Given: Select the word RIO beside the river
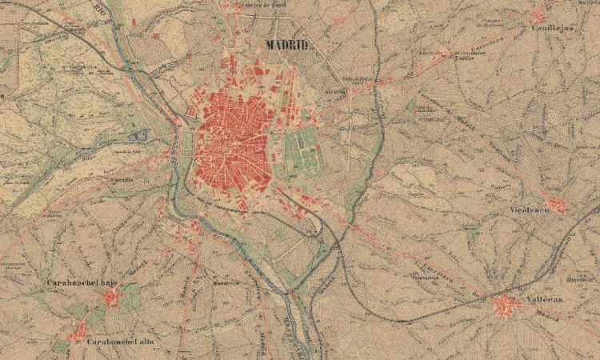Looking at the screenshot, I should point(99,10).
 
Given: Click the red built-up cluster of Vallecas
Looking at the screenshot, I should point(506,305).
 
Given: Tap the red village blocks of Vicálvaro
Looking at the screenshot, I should point(558,205).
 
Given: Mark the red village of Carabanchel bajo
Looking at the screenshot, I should point(110,298).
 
